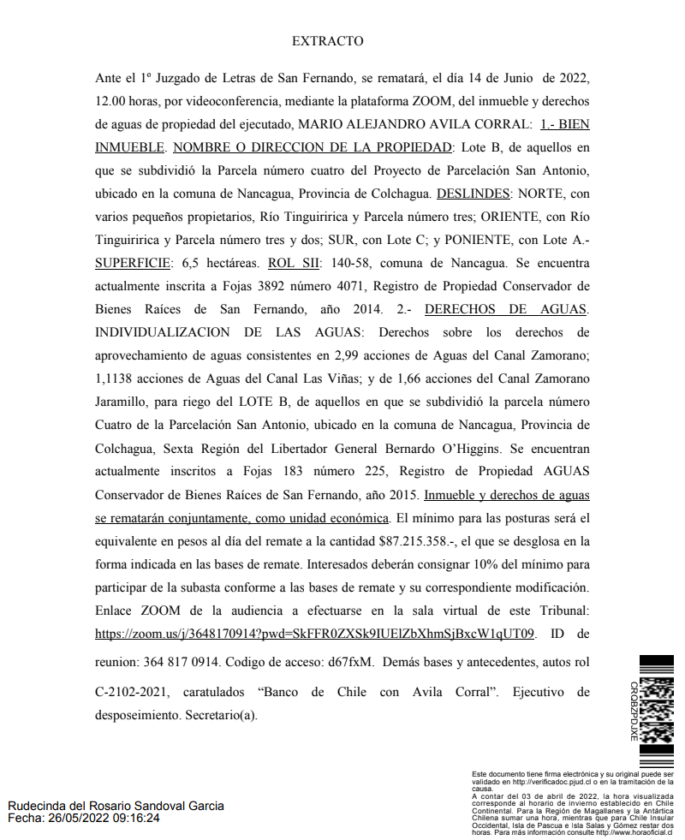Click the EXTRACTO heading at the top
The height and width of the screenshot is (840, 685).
click(327, 41)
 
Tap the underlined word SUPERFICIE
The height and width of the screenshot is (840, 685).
click(132, 263)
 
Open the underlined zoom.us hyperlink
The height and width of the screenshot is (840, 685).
click(315, 634)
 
